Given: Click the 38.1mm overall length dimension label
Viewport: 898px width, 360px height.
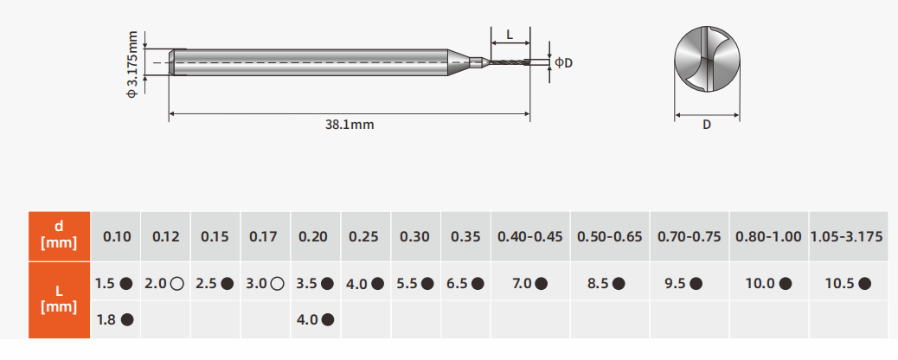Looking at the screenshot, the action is pyautogui.click(x=350, y=125).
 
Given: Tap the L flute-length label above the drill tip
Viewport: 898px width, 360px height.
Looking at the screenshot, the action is pyautogui.click(x=510, y=35).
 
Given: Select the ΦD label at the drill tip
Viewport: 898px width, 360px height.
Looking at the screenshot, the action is pyautogui.click(x=563, y=62).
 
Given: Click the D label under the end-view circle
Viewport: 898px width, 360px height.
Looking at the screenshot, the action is pyautogui.click(x=707, y=125).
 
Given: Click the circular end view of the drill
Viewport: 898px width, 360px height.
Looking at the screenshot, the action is pyautogui.click(x=708, y=60).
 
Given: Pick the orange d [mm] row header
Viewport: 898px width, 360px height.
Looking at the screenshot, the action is pyautogui.click(x=59, y=236).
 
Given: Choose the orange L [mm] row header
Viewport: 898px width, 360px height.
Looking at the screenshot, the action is pyautogui.click(x=59, y=300).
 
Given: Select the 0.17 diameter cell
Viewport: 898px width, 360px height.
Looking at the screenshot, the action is pyautogui.click(x=266, y=236).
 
